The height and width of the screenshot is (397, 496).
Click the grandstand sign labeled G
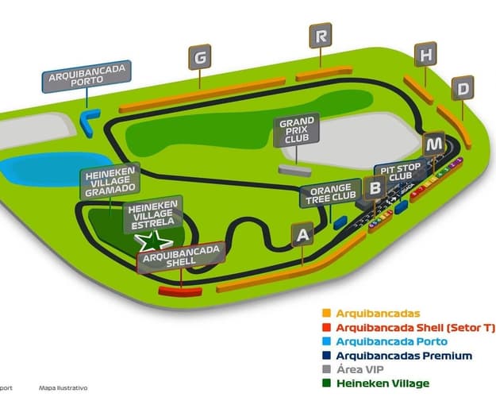(200, 57)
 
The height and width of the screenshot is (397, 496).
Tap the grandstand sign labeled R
(321, 36)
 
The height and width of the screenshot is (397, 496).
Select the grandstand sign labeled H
(427, 55)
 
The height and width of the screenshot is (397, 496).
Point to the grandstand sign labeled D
(463, 88)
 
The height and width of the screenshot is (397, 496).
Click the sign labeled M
(433, 145)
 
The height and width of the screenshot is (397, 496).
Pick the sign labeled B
(375, 187)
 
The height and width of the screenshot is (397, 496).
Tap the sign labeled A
(301, 234)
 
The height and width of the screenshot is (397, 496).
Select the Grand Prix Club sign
(295, 131)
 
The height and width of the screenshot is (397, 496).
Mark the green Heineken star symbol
(158, 241)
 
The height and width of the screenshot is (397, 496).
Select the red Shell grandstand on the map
(175, 291)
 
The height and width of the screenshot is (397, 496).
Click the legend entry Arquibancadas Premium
(404, 356)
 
